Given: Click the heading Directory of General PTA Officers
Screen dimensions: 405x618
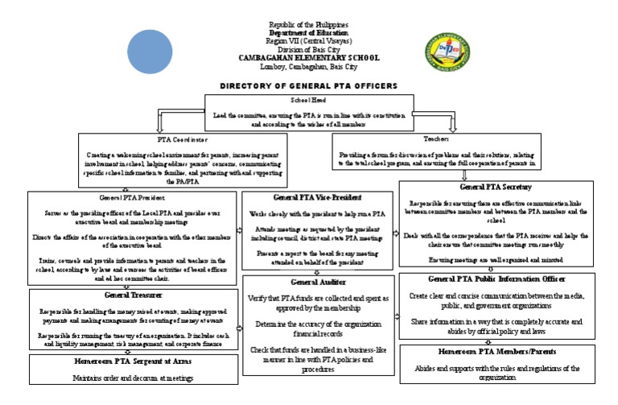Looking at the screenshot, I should click(x=309, y=85).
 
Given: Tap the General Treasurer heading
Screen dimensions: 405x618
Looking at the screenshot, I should click(x=131, y=295).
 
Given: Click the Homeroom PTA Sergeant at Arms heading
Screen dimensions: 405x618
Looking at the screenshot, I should click(x=131, y=362).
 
